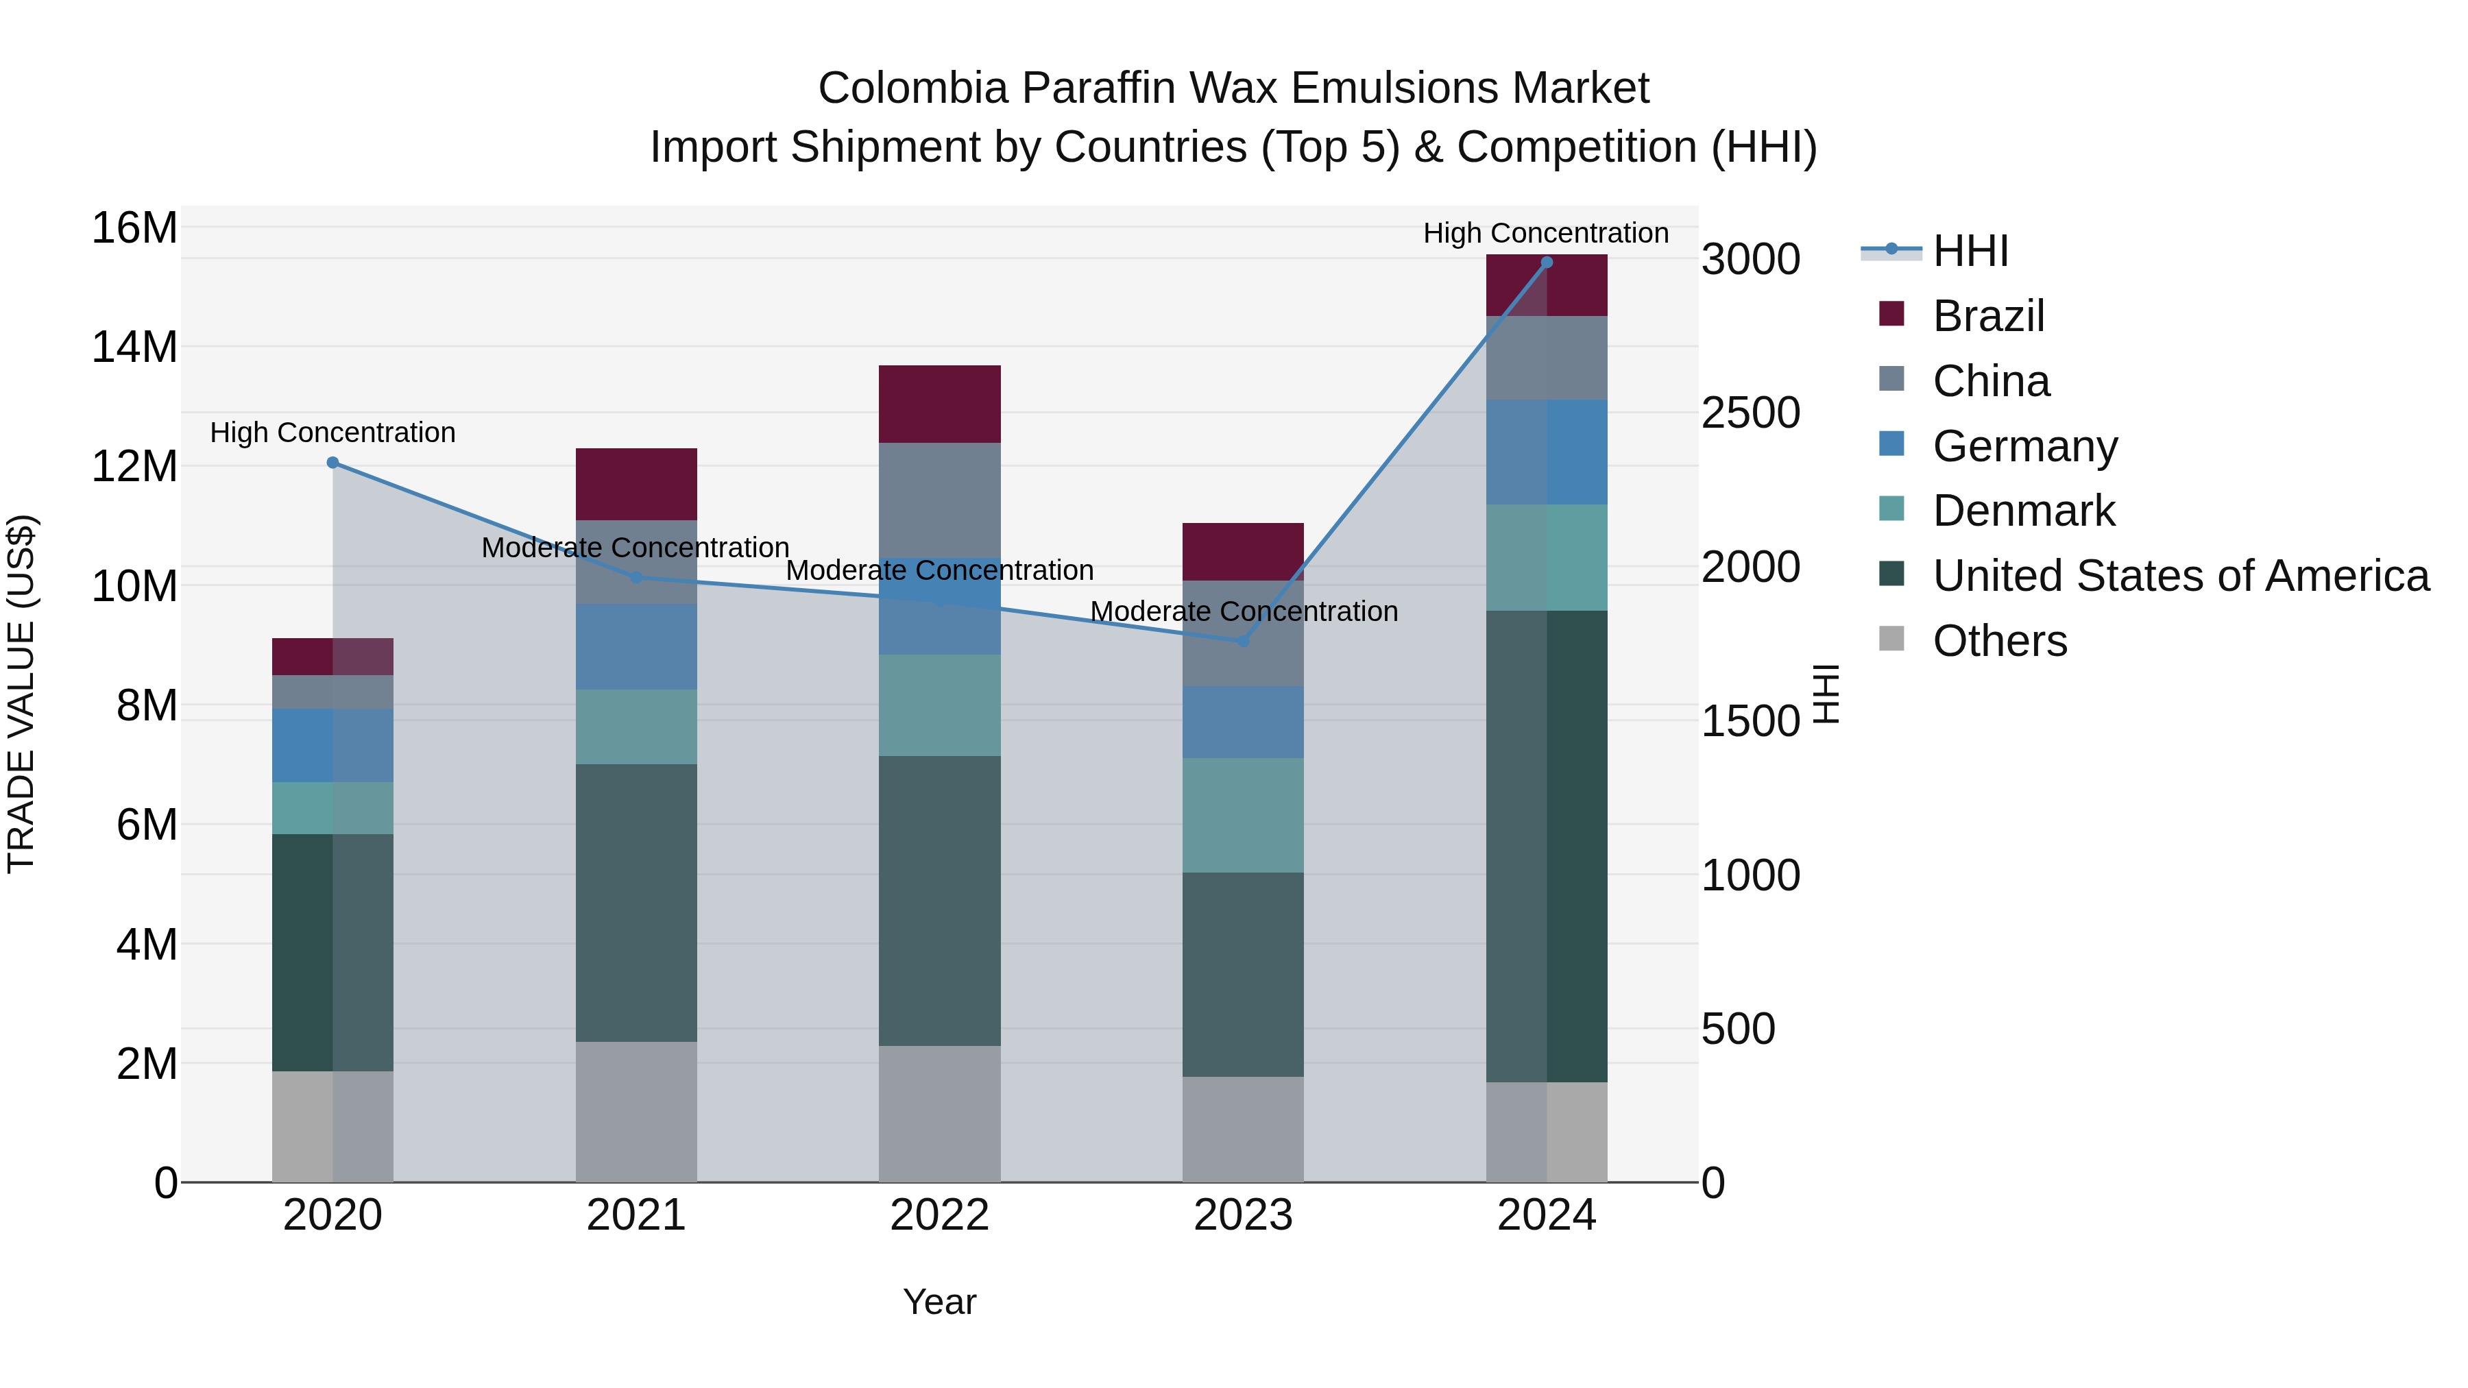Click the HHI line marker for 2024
tap(1547, 263)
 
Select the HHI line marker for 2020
tap(332, 463)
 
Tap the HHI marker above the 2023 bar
tap(1244, 641)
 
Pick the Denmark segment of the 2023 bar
tap(1243, 815)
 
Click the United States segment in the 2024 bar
tap(1547, 846)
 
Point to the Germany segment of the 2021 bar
tap(636, 646)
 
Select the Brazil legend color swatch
tap(1891, 314)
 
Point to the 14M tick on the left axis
tap(134, 347)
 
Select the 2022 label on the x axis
tap(939, 1215)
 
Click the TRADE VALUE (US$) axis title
tap(21, 694)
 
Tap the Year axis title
tap(939, 1302)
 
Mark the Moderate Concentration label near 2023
tap(1244, 611)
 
